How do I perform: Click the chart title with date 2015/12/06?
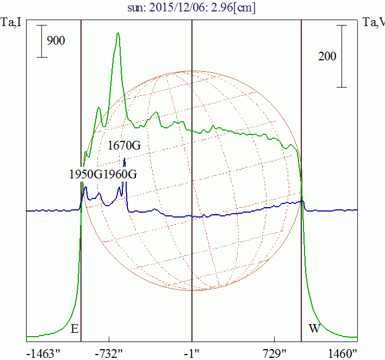coord(192,8)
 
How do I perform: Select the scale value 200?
coord(327,56)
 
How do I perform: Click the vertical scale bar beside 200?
coord(341,56)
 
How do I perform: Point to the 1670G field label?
coord(124,146)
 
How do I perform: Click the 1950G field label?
coord(85,175)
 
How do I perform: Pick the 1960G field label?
coord(120,175)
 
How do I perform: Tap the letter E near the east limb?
coord(75,328)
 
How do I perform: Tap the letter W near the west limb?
coord(314,328)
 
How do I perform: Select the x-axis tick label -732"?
coord(109,353)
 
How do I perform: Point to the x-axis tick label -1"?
coord(192,353)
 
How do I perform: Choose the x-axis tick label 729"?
coord(275,353)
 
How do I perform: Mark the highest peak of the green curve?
coord(118,33)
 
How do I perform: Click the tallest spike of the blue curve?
coord(125,158)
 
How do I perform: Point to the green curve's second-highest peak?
coord(99,107)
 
